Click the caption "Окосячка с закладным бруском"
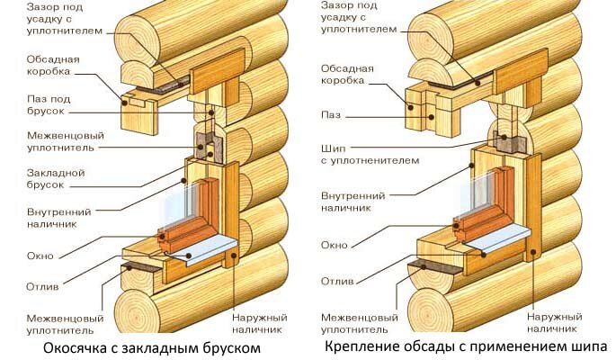(152, 347)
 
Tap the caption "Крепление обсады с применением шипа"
(466, 346)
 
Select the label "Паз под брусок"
(49, 105)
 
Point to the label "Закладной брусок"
(56, 179)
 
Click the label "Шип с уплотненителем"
(370, 155)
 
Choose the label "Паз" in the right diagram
(331, 115)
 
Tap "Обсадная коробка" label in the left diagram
(53, 65)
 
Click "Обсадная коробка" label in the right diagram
(347, 75)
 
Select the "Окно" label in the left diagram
(40, 256)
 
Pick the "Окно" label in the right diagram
(335, 245)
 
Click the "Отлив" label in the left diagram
(42, 286)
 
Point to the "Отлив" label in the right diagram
(337, 282)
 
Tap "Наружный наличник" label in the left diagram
(260, 323)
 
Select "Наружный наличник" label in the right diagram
(554, 323)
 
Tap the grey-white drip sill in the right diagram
(496, 239)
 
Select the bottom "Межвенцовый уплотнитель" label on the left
(66, 324)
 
